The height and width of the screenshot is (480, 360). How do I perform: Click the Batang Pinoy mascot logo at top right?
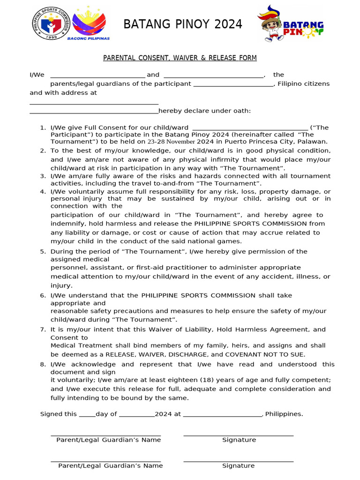coord(289,24)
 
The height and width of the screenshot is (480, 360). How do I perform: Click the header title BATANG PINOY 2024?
coord(183,24)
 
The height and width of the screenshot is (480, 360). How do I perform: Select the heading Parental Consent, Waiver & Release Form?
coord(180,58)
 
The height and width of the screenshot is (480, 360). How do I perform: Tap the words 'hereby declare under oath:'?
coord(205,111)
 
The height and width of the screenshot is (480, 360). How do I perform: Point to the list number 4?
coord(43,192)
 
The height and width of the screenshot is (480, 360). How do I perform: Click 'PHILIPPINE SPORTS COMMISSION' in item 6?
coord(198,296)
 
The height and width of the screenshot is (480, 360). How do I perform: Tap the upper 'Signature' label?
coord(239,440)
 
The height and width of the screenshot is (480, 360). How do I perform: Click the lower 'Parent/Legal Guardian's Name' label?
coord(111,466)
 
